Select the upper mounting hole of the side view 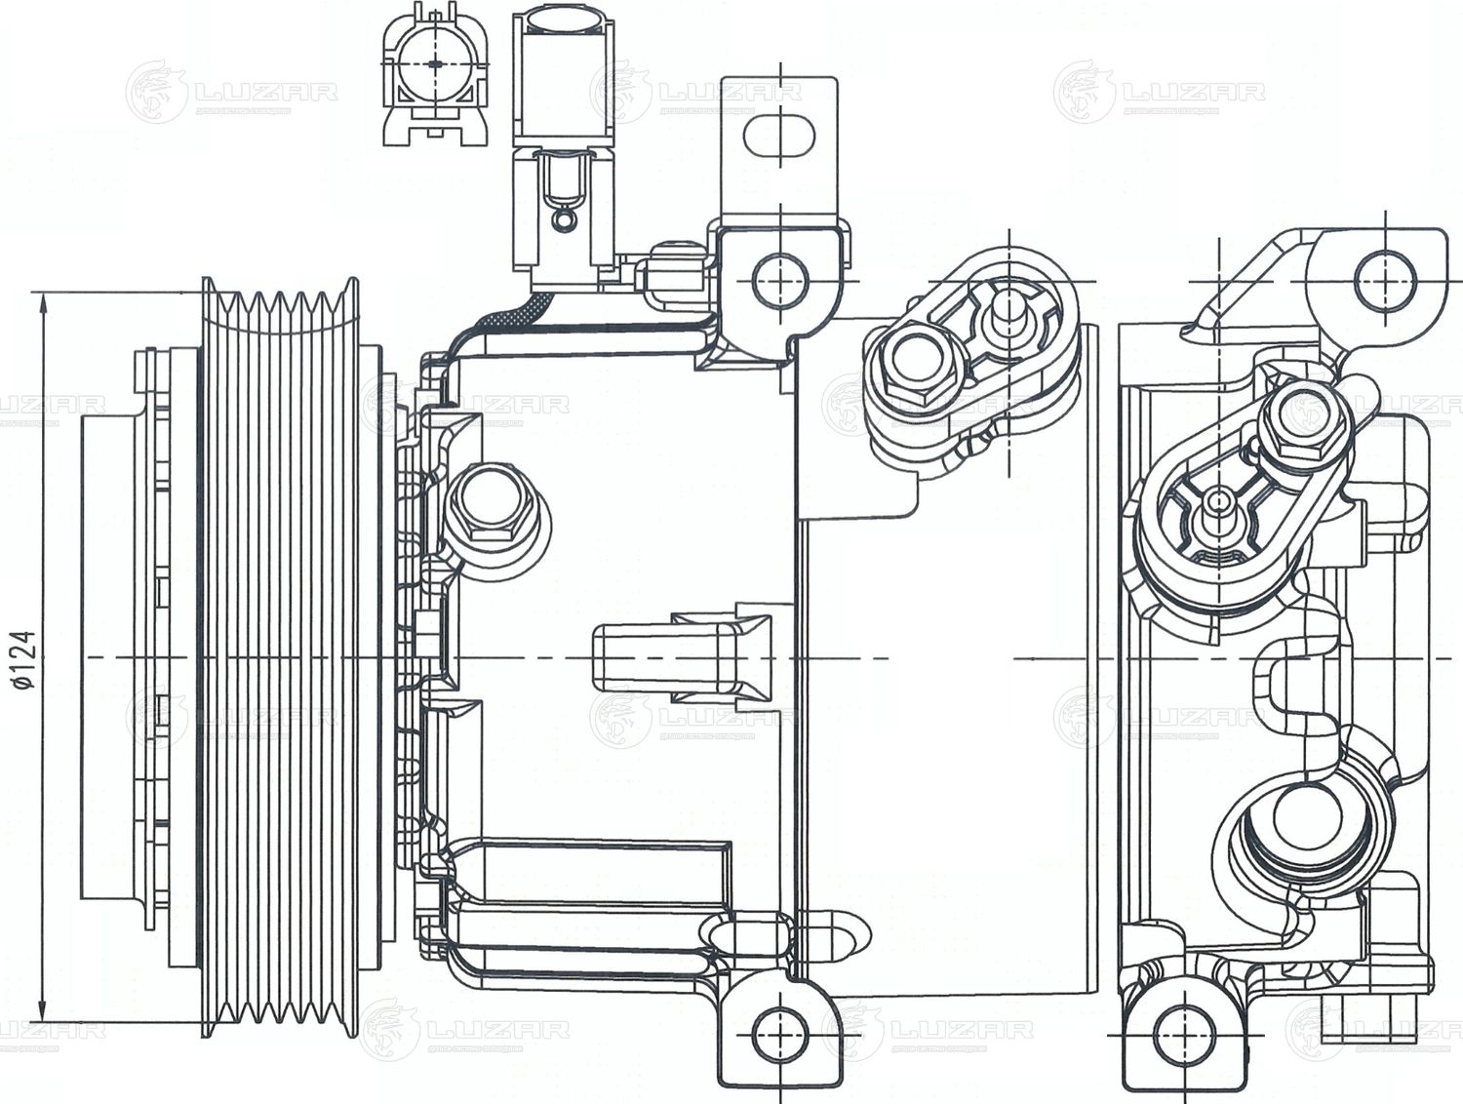click(x=780, y=277)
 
